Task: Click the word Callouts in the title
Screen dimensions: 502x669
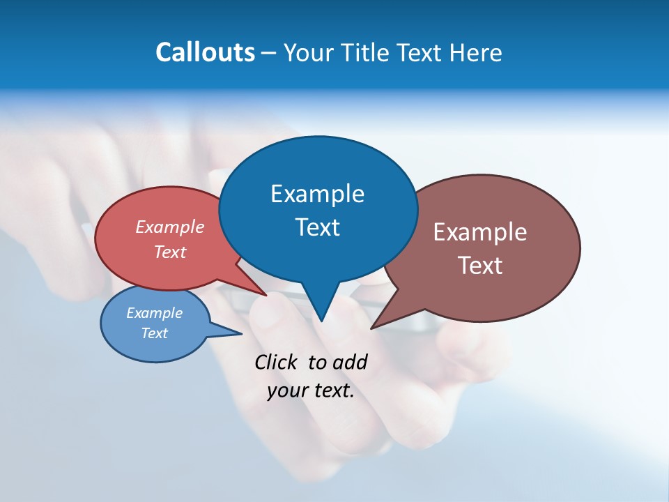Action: [205, 52]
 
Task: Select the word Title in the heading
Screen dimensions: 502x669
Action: [365, 52]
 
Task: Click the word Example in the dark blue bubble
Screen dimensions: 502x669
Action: [317, 194]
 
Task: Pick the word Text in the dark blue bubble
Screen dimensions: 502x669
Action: [317, 227]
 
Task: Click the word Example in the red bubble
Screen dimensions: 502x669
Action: [169, 227]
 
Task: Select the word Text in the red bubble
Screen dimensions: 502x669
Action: [169, 252]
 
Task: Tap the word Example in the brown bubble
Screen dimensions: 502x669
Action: [480, 232]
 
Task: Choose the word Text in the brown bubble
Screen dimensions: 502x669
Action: [480, 266]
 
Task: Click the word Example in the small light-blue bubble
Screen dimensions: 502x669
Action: [154, 313]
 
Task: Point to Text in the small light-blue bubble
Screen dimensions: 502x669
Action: [154, 333]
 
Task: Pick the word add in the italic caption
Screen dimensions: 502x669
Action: [349, 363]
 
